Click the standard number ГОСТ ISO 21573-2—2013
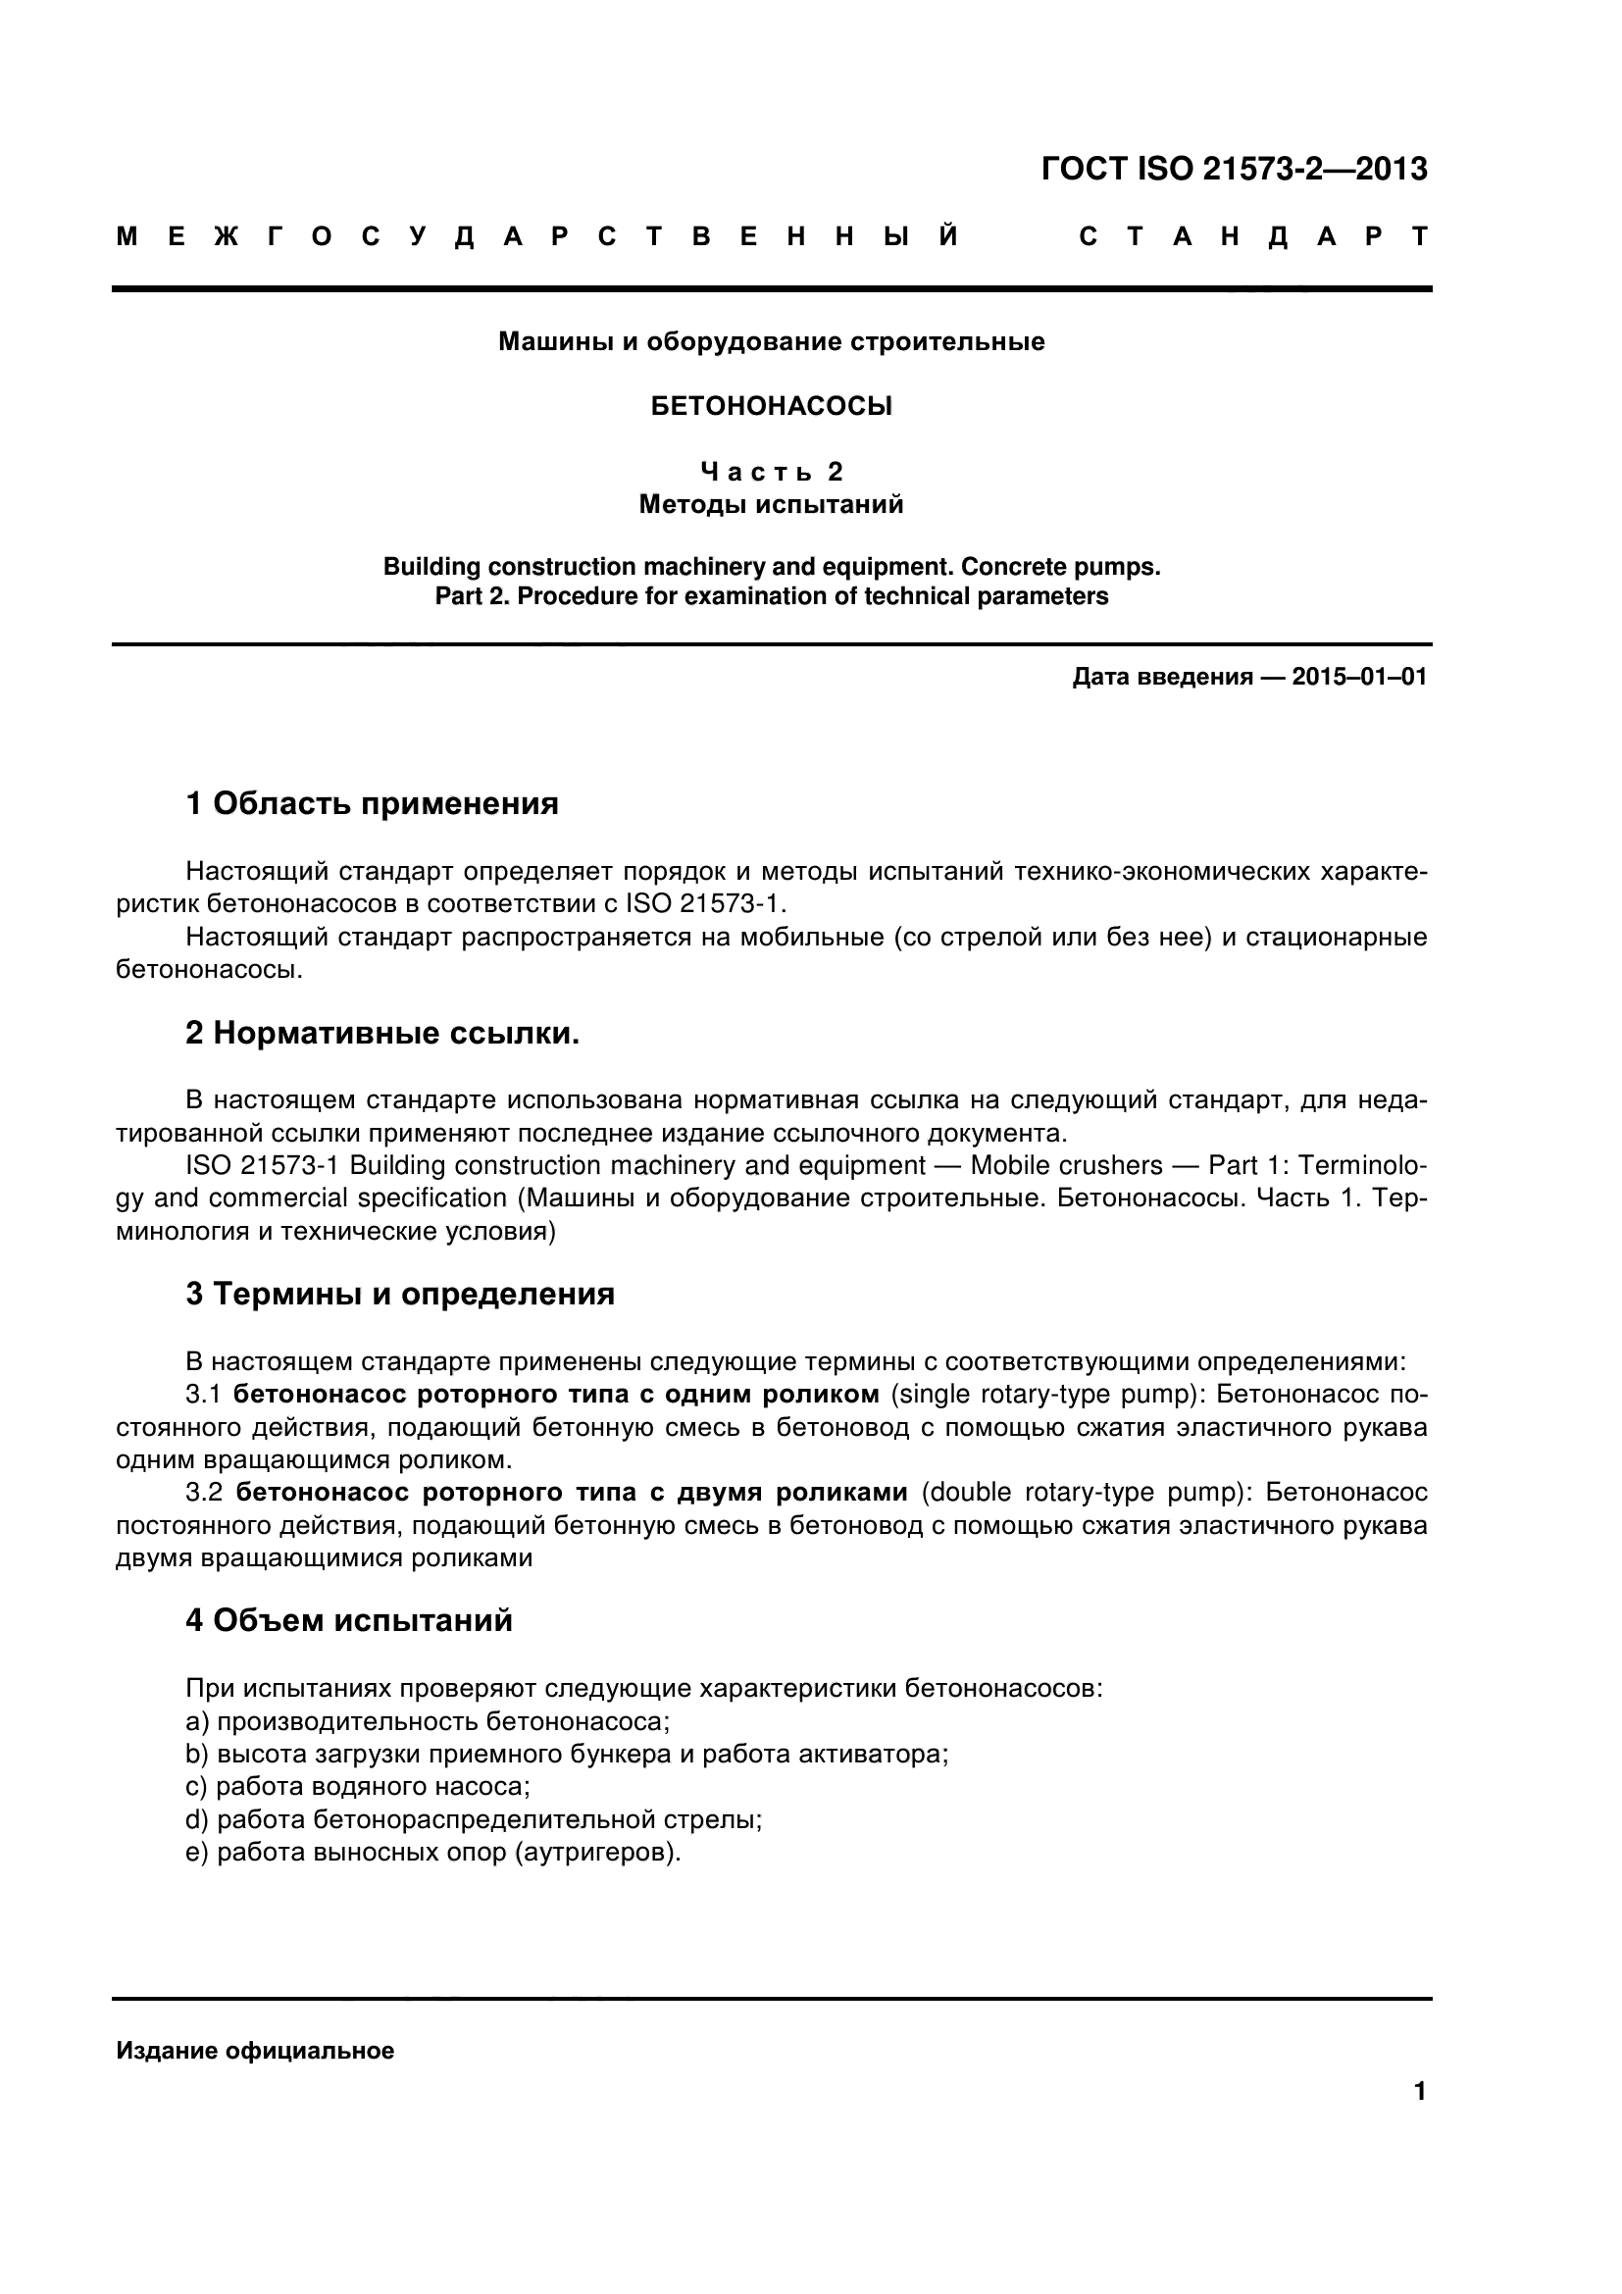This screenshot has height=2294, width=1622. (x=1234, y=169)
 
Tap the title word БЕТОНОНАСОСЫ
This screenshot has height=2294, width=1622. (x=771, y=407)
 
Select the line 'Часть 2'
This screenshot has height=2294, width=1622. (x=771, y=472)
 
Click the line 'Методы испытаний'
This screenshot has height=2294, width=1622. (x=771, y=504)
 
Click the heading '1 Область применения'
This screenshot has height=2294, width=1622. (x=372, y=803)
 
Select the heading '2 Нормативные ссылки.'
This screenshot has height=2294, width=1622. (x=382, y=1033)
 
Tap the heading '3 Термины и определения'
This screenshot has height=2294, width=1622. (x=399, y=1294)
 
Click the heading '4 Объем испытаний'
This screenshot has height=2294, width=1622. (x=348, y=1619)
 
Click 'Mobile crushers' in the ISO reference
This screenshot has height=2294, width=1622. (x=1067, y=1166)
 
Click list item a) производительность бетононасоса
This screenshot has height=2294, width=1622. (x=428, y=1721)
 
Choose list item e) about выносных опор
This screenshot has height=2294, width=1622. (x=432, y=1853)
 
